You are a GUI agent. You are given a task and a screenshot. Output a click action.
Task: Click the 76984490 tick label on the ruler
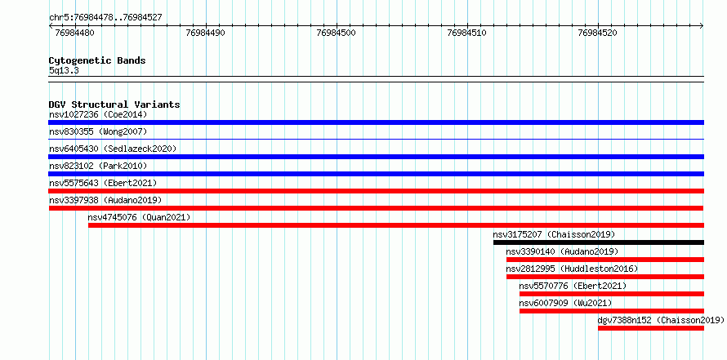[205, 33]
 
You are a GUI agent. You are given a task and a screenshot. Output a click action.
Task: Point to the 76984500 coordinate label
[337, 33]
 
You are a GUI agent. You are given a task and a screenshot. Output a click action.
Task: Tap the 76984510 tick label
[467, 33]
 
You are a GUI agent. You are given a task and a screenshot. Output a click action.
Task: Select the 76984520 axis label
[598, 33]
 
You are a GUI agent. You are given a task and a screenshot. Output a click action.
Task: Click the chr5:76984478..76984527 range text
[105, 18]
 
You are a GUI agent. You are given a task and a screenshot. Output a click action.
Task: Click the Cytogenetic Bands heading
[97, 60]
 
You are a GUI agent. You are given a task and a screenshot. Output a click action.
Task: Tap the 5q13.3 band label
[64, 70]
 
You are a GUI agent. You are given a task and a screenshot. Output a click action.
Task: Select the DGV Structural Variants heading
[114, 104]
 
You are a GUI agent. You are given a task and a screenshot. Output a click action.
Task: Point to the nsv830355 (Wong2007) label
[98, 132]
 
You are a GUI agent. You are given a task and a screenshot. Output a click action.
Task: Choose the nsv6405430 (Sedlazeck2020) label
[113, 149]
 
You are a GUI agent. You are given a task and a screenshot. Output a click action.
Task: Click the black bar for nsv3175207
[599, 242]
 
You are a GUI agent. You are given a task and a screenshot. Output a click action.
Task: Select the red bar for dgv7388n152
[651, 328]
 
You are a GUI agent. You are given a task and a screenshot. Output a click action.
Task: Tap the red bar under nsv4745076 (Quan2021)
[396, 225]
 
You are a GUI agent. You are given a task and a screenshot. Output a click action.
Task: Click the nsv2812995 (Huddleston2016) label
[572, 269]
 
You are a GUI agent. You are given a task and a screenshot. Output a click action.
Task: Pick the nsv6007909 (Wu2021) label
[565, 303]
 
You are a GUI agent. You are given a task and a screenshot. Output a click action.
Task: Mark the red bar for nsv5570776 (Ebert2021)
[612, 294]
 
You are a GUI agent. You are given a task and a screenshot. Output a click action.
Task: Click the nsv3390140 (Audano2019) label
[562, 251]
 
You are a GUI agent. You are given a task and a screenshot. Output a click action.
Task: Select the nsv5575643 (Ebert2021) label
[103, 183]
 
